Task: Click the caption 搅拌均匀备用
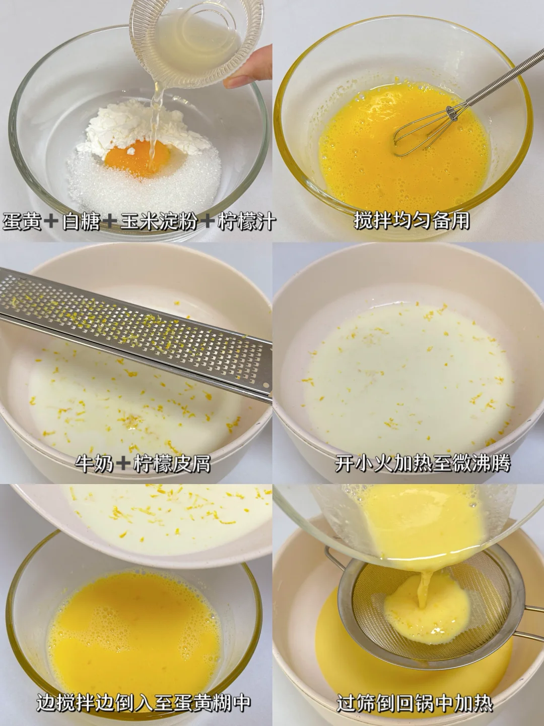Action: pyautogui.click(x=412, y=220)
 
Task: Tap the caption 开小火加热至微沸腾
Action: pyautogui.click(x=423, y=464)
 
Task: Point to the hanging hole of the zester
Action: pyautogui.click(x=265, y=385)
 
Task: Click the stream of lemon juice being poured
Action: pyautogui.click(x=155, y=123)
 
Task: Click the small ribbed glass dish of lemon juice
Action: pyautogui.click(x=197, y=43)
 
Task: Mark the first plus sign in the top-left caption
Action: pyautogui.click(x=52, y=221)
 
